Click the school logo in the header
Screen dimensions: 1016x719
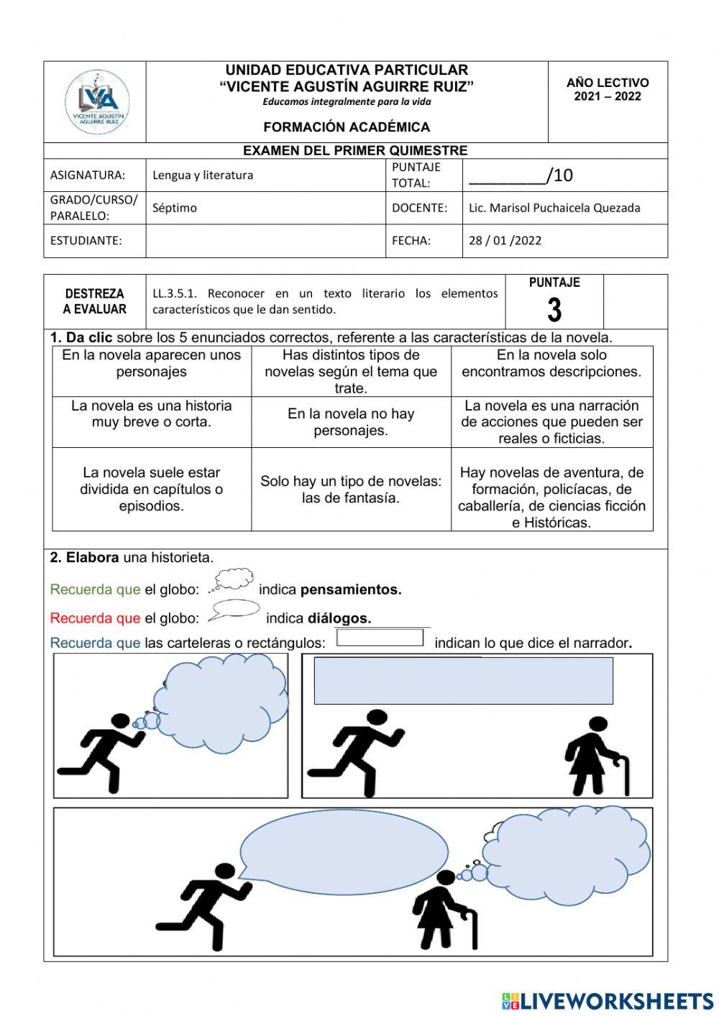[x=97, y=101]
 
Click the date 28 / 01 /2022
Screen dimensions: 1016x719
[x=505, y=241]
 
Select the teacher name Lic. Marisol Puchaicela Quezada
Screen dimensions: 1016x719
[x=554, y=208]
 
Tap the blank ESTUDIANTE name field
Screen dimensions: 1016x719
[x=265, y=241]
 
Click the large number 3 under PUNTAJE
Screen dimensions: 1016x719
[x=554, y=310]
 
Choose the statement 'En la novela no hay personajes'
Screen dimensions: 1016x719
[x=351, y=422]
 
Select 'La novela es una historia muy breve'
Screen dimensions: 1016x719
[x=152, y=414]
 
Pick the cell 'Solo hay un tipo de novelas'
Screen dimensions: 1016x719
[x=351, y=489]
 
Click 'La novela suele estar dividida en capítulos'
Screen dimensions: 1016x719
[x=152, y=489]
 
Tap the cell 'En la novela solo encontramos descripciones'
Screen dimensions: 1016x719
[x=551, y=363]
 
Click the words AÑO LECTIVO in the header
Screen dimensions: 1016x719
[x=608, y=83]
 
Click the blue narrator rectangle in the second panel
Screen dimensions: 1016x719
[x=463, y=680]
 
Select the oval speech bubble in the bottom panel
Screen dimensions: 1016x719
[x=343, y=851]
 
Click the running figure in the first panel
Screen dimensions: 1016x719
[x=101, y=751]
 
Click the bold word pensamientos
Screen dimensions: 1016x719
[x=351, y=590]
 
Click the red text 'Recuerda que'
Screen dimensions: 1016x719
[x=95, y=618]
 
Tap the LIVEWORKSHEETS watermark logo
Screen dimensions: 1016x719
[x=608, y=1001]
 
